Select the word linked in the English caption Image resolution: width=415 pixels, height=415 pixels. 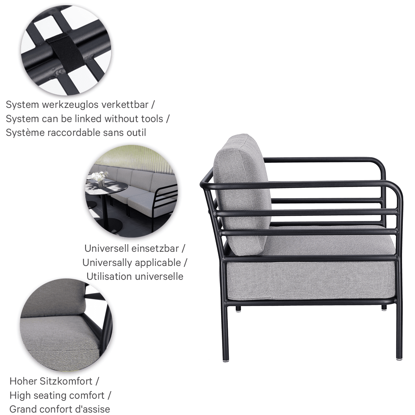(89, 119)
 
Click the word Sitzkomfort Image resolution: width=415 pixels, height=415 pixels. (66, 381)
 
